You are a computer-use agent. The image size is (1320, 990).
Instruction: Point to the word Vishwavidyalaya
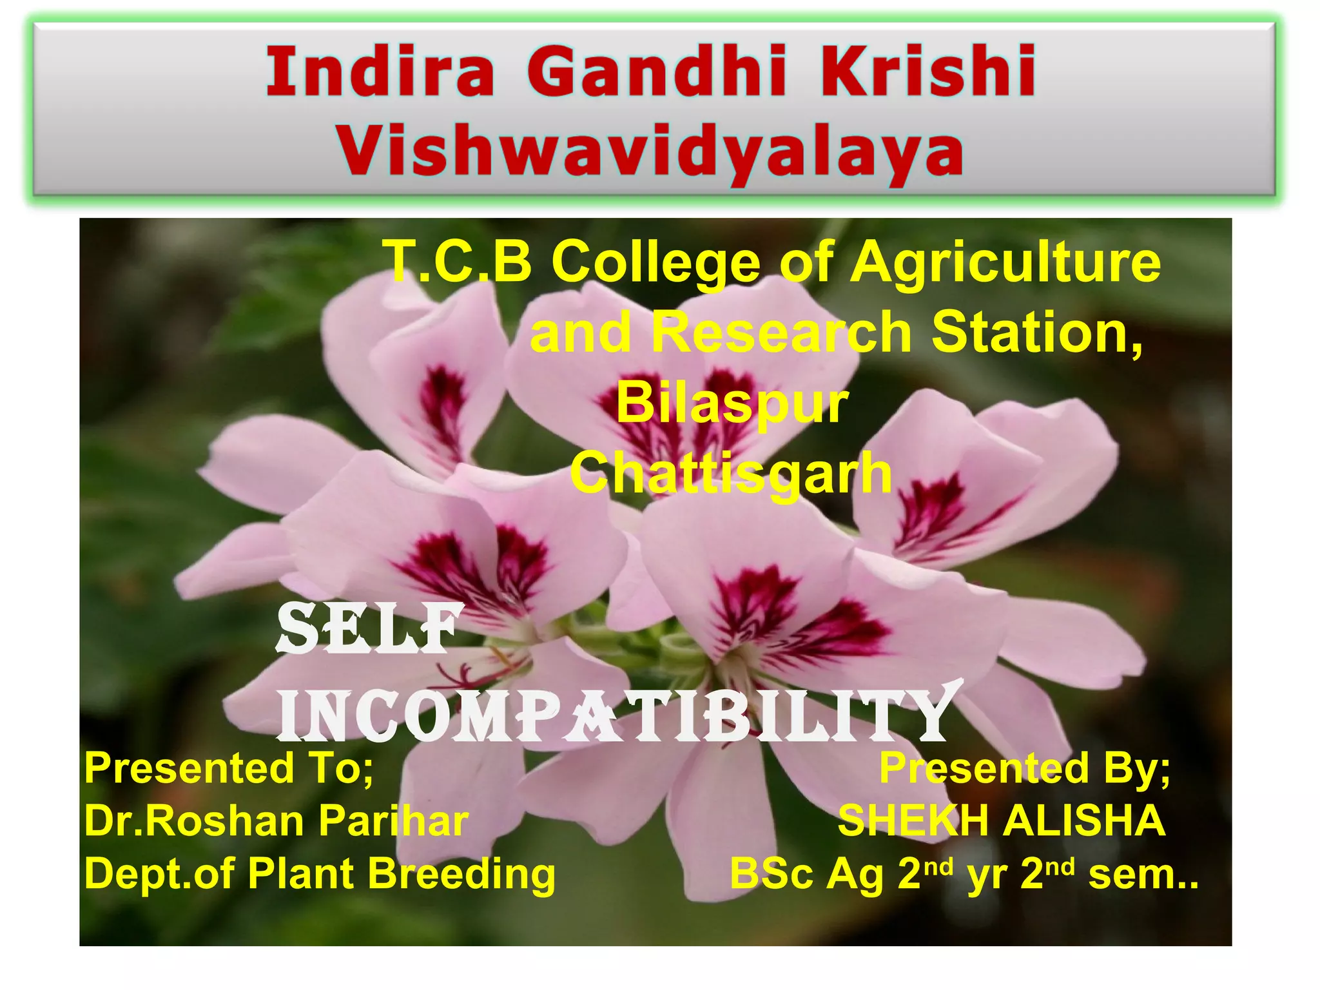click(650, 153)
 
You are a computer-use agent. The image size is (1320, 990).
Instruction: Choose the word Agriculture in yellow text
click(1005, 263)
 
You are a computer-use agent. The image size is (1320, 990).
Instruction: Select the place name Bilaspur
click(732, 403)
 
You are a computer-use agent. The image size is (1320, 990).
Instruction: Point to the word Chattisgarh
click(731, 474)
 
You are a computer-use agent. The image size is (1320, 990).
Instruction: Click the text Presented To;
click(229, 768)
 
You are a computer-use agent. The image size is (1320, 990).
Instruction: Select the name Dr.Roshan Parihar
click(277, 821)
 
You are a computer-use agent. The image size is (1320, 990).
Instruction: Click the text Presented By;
click(1024, 768)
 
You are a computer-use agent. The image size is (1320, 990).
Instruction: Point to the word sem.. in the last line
click(1143, 875)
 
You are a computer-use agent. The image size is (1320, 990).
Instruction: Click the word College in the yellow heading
click(655, 263)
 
